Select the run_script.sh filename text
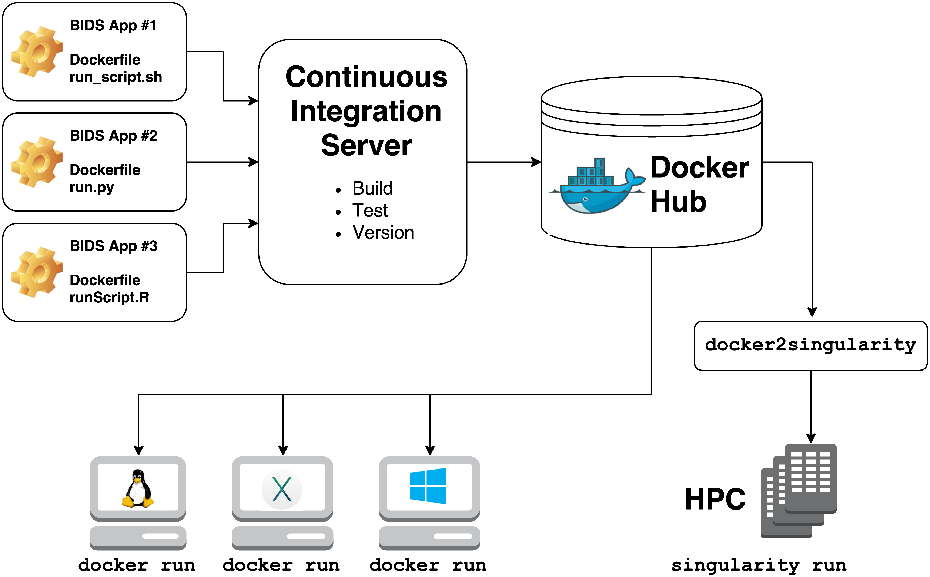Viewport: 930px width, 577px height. coord(116,77)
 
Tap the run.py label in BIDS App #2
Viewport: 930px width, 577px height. coord(91,187)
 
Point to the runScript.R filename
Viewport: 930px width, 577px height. coord(109,297)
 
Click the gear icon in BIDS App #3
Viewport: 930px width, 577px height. coord(37,272)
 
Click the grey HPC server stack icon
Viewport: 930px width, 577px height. coord(799,490)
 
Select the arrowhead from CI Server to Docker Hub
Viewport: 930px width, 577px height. coord(536,162)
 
